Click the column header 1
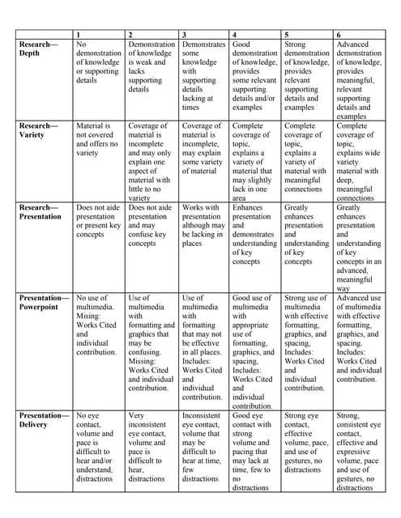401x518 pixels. coord(79,35)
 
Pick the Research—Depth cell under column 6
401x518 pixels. coord(358,79)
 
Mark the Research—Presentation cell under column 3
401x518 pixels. coord(203,226)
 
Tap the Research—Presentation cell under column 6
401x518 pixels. coord(358,247)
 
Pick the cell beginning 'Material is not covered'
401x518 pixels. coord(99,141)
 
